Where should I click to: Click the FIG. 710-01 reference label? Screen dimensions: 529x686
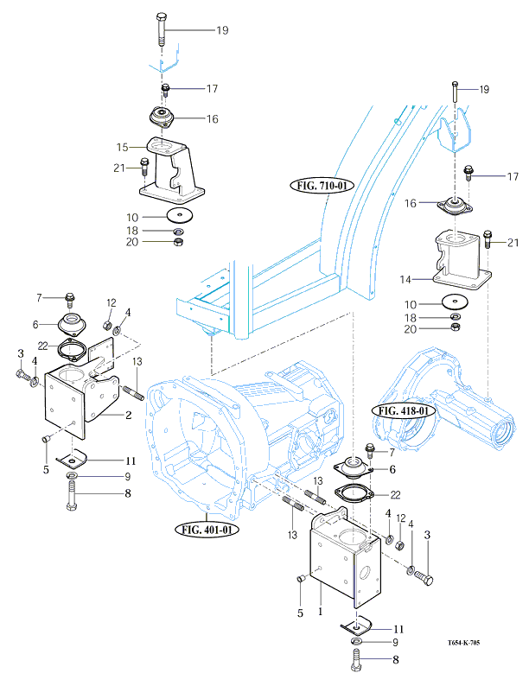pos(322,186)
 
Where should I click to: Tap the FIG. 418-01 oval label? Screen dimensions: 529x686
pos(404,410)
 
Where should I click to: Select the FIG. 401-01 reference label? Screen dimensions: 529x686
pos(207,530)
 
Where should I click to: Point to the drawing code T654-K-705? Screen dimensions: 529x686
pos(463,643)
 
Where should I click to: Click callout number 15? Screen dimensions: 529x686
pos(123,148)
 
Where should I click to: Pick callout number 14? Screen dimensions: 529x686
pos(405,279)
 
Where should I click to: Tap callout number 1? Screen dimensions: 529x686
pos(321,611)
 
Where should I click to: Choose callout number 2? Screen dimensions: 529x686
pos(128,415)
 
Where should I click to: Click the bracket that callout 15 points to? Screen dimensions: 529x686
pos(172,169)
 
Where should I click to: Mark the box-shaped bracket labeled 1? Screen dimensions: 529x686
pos(345,557)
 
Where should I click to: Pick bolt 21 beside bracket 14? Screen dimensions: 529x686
pos(488,239)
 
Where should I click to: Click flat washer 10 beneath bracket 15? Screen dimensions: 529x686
pos(180,215)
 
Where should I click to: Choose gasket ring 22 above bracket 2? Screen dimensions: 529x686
pos(73,350)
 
